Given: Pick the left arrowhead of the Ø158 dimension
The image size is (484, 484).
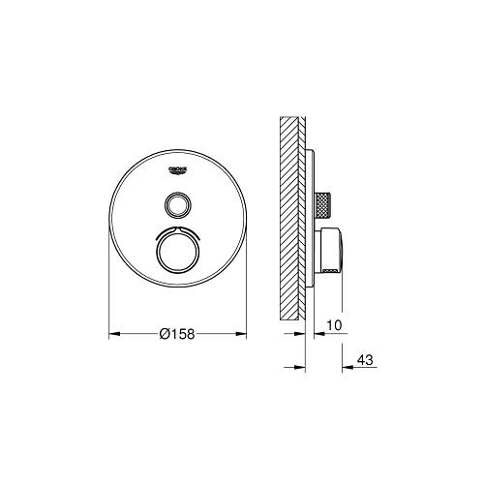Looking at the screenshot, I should (111, 334).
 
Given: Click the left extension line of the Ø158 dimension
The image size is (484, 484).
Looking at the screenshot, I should (106, 290).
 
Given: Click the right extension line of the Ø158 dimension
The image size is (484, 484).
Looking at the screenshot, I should (248, 290).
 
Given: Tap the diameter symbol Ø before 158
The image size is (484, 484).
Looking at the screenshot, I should (162, 334).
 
